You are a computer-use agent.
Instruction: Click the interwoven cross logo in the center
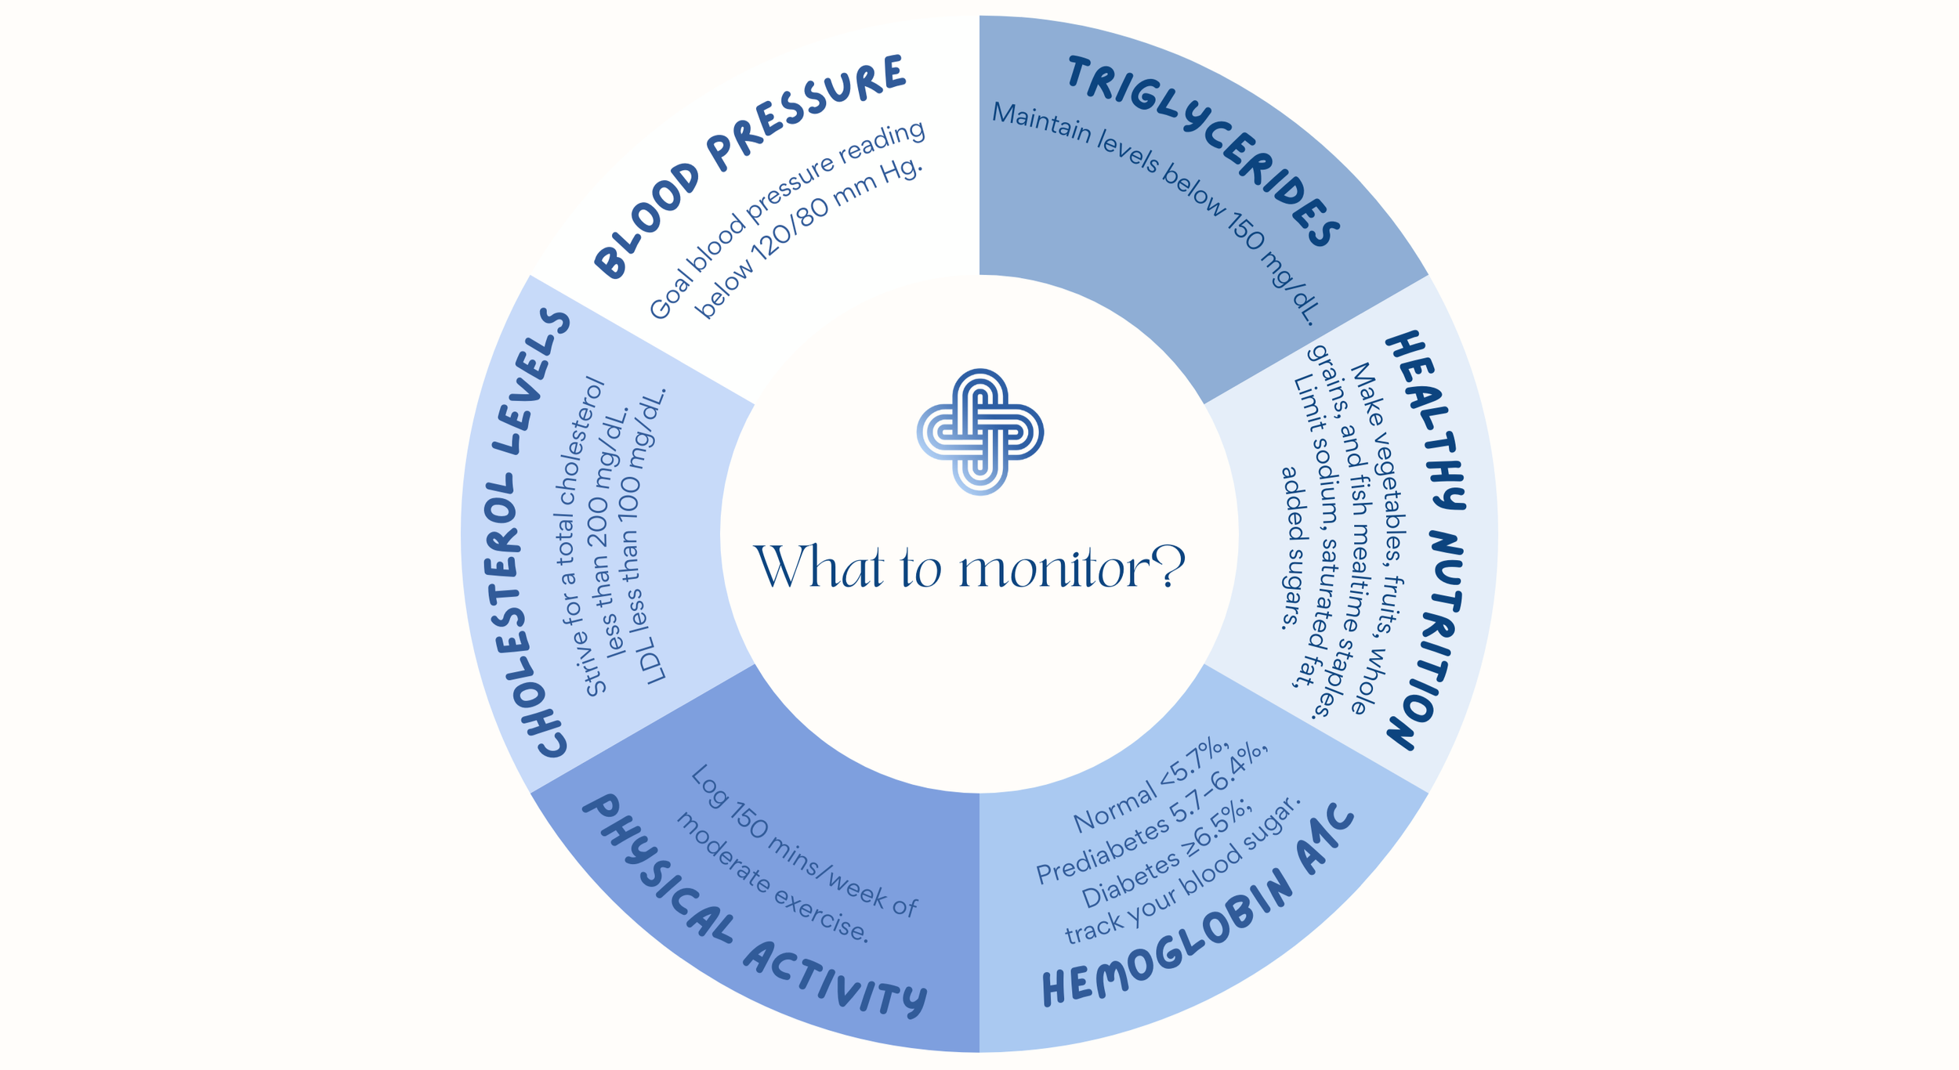tap(979, 432)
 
